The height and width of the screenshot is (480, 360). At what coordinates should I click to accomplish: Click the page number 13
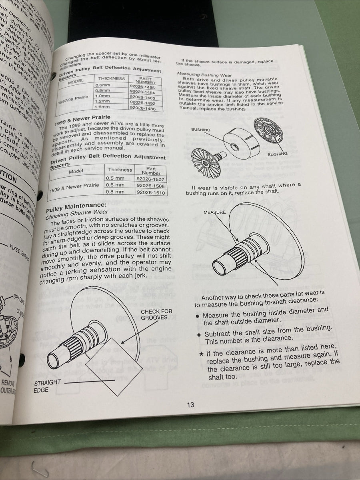click(190, 404)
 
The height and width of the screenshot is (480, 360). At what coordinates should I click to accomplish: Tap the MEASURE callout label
click(215, 212)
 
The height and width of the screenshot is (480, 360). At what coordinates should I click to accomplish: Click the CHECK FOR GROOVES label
click(156, 314)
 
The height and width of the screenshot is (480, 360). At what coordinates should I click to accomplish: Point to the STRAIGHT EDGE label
click(47, 386)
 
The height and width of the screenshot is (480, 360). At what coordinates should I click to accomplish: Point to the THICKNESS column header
click(112, 78)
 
